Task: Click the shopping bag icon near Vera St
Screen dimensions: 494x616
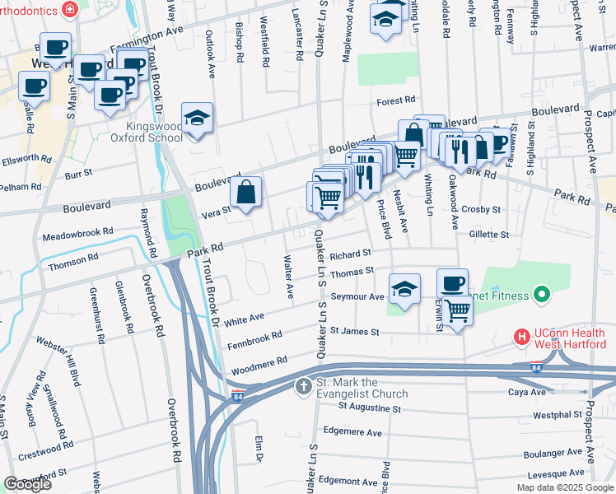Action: coord(246,193)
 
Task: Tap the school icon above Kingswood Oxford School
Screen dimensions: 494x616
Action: coord(198,119)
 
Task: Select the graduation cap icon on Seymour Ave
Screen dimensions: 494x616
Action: coord(404,291)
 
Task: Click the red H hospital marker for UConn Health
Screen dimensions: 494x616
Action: coord(520,336)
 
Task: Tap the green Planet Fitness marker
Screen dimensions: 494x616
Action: coord(541,293)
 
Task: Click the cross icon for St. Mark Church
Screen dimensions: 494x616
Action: coord(303,386)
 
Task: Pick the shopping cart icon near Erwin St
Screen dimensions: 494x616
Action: coord(457,310)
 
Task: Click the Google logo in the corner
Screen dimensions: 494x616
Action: coord(27,484)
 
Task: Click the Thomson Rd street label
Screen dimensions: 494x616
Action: coord(73,263)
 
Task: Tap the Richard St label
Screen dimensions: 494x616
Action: coord(352,254)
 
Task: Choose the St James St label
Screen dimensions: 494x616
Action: coord(354,332)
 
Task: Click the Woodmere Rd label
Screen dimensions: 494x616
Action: coord(259,361)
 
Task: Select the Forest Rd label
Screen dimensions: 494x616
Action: coord(396,100)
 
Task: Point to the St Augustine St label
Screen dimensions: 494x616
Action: coord(362,408)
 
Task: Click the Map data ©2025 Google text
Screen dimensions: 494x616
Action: coord(564,487)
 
